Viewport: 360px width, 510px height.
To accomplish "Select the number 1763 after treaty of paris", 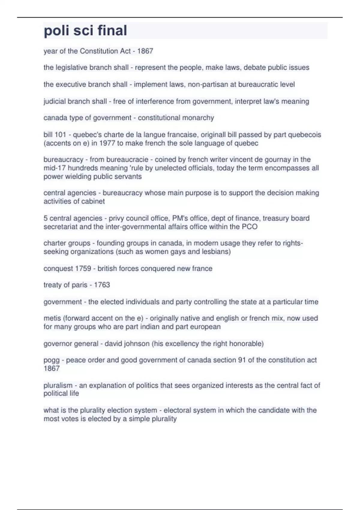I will pyautogui.click(x=102, y=285).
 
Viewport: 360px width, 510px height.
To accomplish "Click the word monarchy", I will pyautogui.click(x=199, y=118).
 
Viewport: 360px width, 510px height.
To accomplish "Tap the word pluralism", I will pyautogui.click(x=58, y=385).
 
